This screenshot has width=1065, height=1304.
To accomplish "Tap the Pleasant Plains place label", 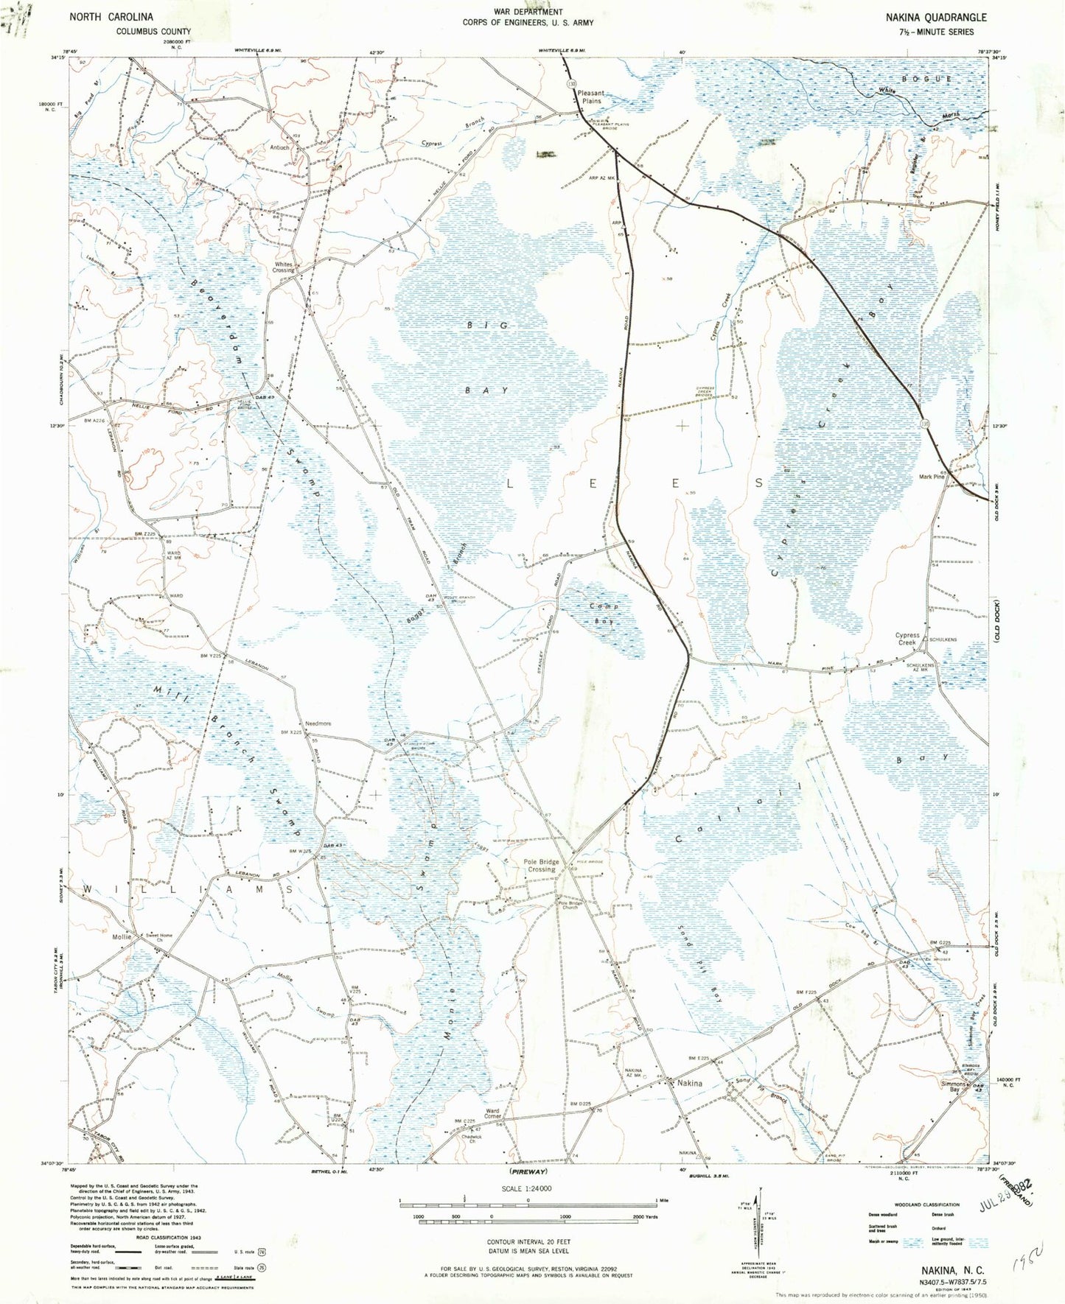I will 590,97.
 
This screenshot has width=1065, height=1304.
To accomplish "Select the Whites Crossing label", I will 284,267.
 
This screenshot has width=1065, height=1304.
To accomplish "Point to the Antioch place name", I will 279,147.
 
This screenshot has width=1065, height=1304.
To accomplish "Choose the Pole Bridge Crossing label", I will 541,866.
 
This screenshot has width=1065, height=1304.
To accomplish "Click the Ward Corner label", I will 492,1113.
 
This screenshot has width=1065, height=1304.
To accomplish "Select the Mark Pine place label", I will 931,477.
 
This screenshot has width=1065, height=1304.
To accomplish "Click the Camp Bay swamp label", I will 604,614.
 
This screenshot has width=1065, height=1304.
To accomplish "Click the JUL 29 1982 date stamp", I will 1008,1194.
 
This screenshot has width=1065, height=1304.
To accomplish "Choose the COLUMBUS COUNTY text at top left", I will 153,32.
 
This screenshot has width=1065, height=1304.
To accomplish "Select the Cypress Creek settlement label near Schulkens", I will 907,639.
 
